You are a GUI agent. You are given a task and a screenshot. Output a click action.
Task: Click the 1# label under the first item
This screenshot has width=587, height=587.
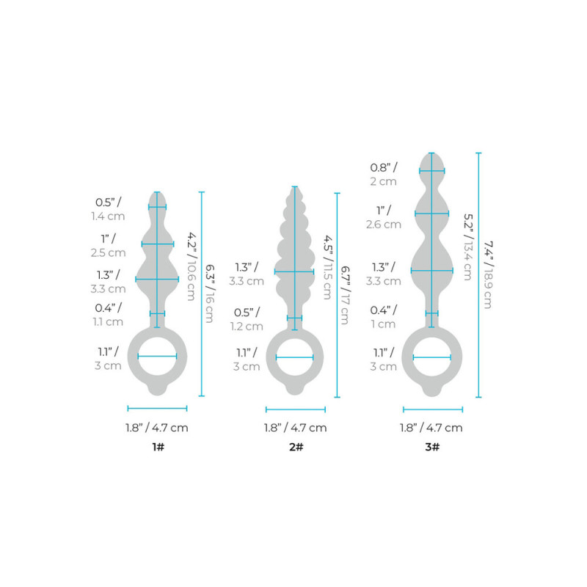click(157, 447)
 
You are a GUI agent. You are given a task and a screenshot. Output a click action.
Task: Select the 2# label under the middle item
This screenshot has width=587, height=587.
click(295, 447)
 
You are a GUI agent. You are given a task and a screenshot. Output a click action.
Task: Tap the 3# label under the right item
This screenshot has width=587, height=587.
click(433, 447)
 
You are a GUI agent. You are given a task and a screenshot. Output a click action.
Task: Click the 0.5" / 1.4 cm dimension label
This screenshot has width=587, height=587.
click(109, 209)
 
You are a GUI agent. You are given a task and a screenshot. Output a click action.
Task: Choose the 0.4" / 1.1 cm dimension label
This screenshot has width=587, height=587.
click(109, 314)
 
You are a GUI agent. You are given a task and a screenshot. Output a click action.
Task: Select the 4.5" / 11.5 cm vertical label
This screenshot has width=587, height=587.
click(326, 267)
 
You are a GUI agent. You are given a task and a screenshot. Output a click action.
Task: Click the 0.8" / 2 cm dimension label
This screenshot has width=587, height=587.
click(383, 174)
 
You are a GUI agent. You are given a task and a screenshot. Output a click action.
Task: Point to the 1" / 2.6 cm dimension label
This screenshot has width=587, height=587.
click(383, 217)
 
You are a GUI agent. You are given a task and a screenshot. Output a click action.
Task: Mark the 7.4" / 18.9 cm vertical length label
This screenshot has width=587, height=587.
click(485, 275)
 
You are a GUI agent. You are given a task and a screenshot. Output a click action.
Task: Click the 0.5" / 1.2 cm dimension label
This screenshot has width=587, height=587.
click(247, 319)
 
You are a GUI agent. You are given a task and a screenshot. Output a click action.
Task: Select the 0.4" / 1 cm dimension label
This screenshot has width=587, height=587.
click(383, 317)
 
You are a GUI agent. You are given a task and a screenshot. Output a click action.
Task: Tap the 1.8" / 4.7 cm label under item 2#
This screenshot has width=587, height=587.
click(295, 428)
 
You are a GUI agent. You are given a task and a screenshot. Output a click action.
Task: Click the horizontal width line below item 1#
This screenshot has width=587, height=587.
click(157, 408)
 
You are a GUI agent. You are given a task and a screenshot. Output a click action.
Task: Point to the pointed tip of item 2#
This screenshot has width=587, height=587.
click(295, 189)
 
